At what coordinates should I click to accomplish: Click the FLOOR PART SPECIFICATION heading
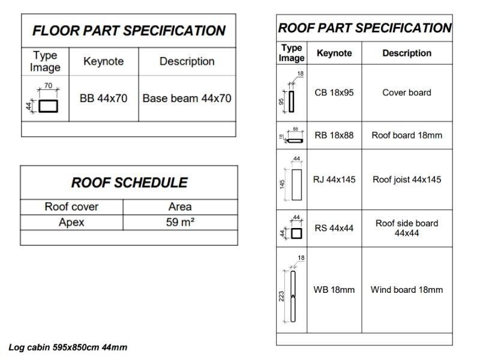point(128,31)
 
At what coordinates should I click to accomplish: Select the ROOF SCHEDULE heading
point(129,182)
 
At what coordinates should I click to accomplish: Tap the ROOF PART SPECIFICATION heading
point(364,28)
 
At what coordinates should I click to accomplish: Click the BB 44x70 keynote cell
point(103,98)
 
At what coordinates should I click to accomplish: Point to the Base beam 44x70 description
point(187,98)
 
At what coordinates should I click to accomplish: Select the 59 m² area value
point(180,223)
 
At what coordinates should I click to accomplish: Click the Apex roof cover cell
point(71,223)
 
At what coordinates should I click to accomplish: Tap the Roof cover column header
point(71,206)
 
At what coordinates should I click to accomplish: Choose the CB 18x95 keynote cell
point(334,93)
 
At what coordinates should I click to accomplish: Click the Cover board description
point(406,93)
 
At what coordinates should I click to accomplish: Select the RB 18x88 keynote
point(334,135)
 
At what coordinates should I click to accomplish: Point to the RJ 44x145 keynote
point(334,179)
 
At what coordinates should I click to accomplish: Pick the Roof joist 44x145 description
point(406,179)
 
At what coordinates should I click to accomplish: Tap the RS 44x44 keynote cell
point(334,228)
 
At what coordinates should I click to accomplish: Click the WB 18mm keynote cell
point(334,290)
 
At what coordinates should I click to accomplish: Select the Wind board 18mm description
point(406,290)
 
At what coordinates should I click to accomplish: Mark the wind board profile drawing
point(293,296)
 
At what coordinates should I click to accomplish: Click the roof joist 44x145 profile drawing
point(296,184)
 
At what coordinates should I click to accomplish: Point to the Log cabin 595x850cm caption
point(68,347)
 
